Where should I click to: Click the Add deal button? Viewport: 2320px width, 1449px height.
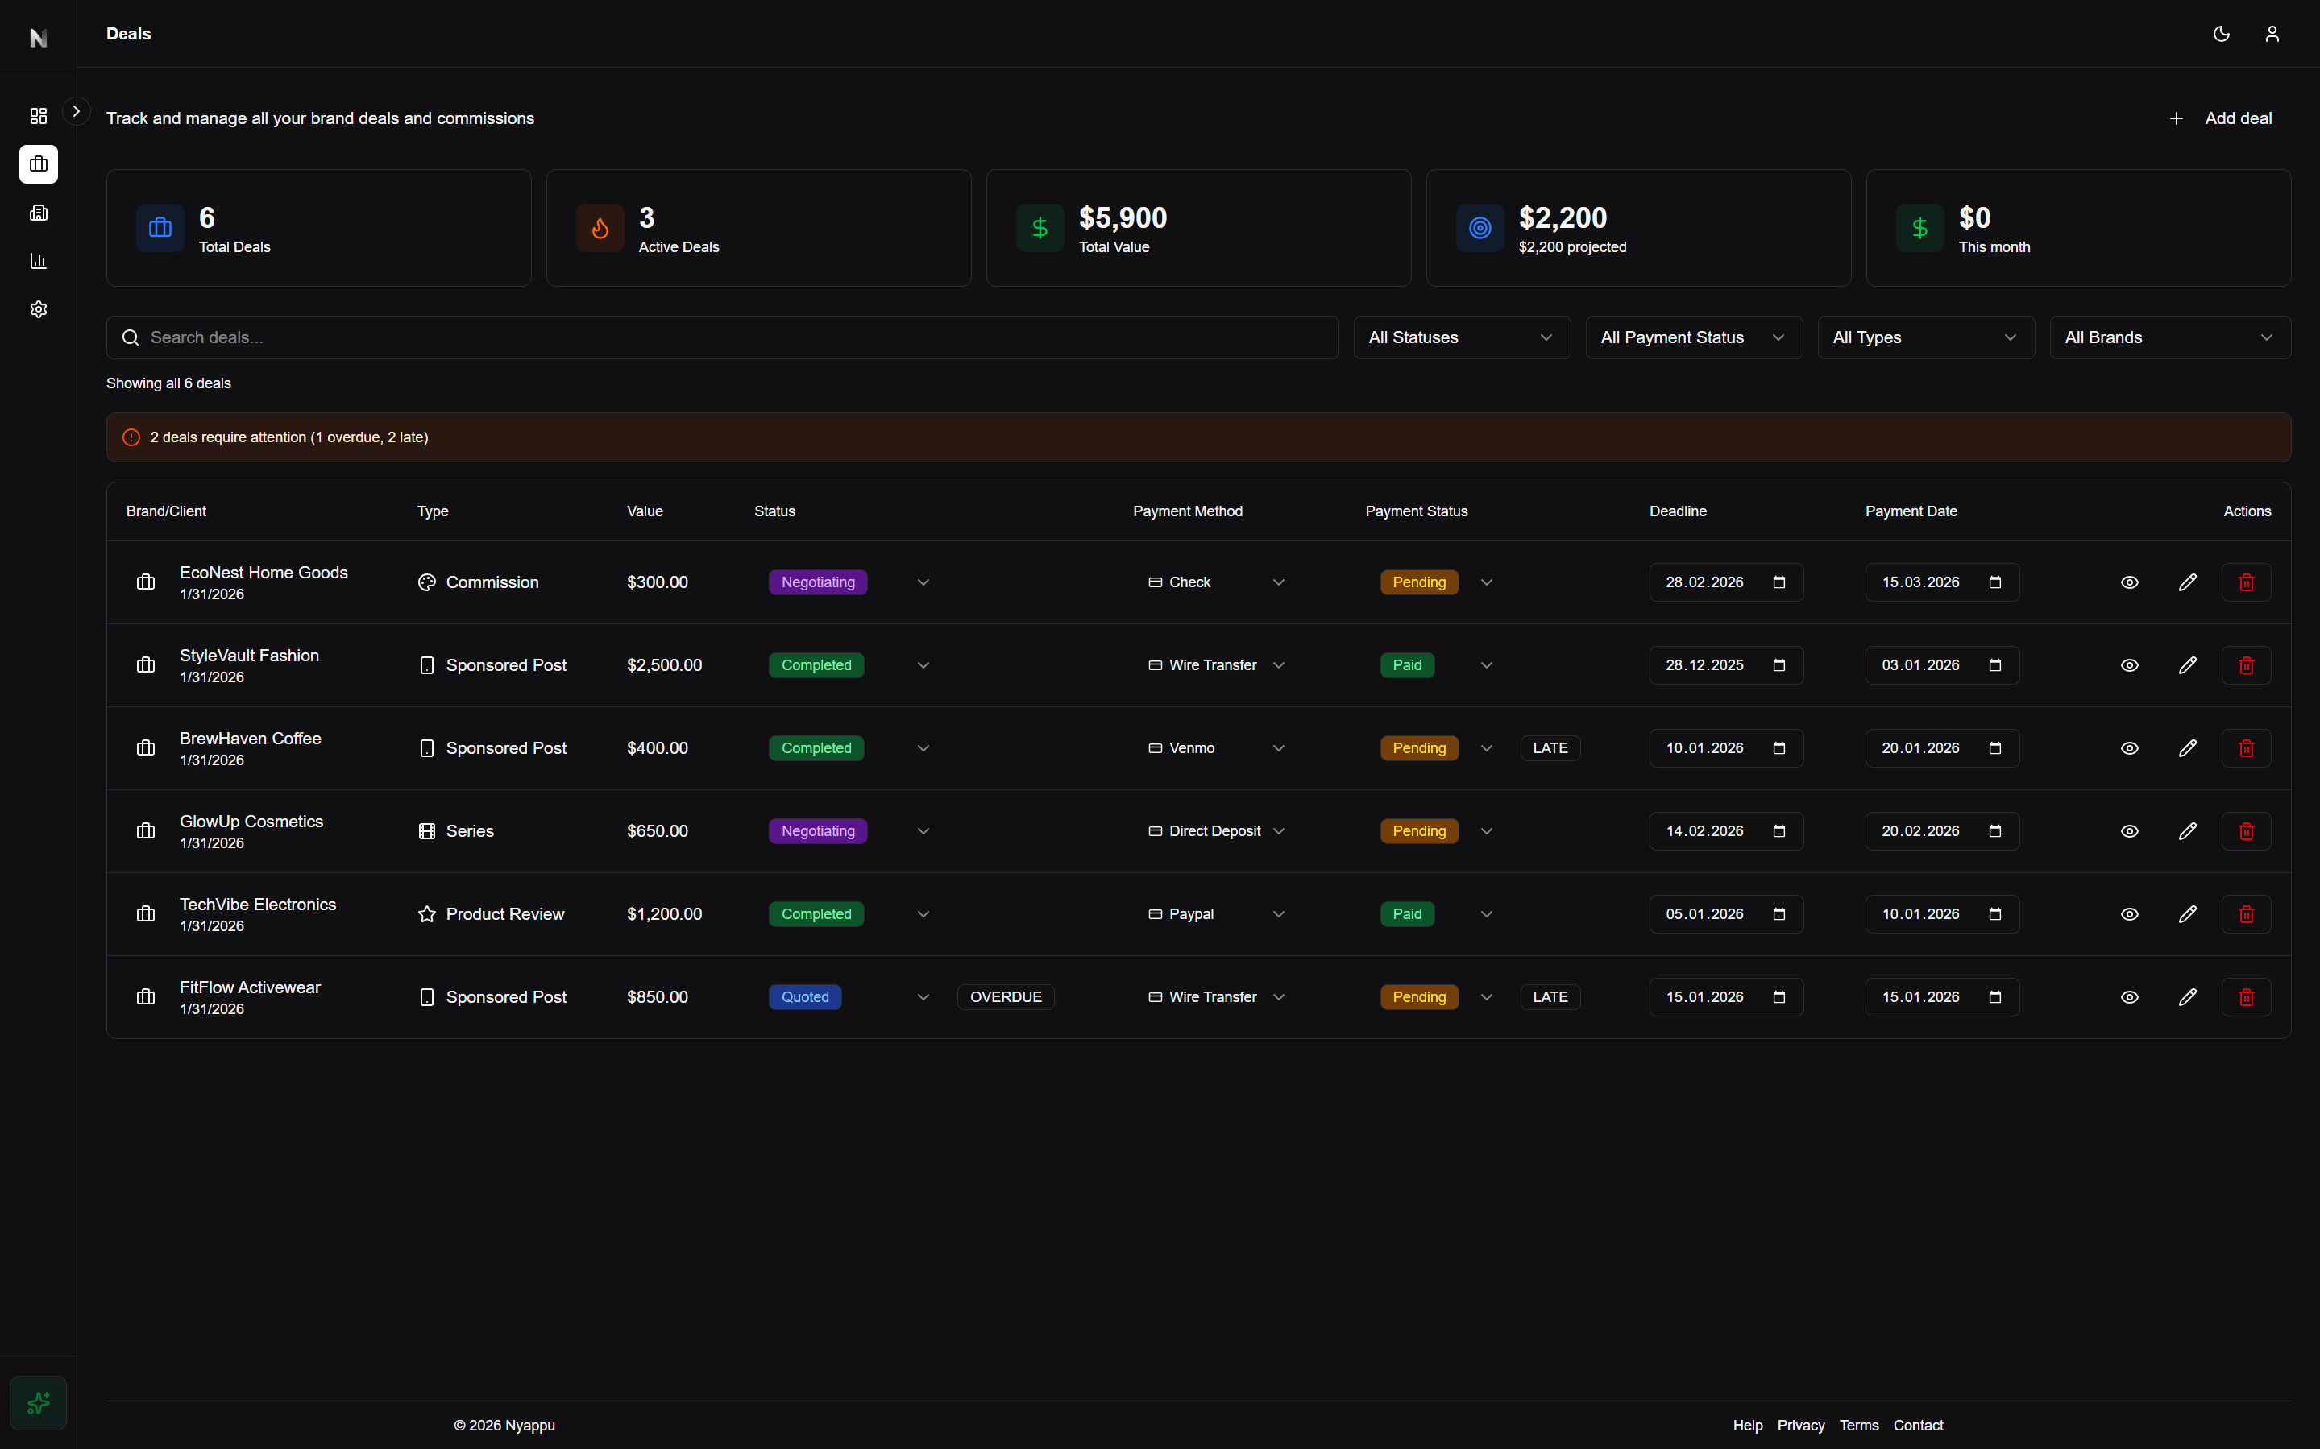[2220, 118]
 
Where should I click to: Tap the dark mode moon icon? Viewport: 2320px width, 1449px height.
[2221, 35]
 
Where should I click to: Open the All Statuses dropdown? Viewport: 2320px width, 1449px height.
[1461, 337]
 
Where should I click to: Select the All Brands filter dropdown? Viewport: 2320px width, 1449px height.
[2169, 337]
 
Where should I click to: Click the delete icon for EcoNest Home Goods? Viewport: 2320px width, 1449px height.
[2245, 582]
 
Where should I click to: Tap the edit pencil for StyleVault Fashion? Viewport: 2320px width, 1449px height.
[2187, 665]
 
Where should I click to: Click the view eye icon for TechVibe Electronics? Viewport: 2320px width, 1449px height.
[2129, 914]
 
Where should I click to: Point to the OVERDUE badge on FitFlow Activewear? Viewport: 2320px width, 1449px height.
[1006, 996]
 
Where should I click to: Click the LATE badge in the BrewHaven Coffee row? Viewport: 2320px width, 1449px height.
[1550, 748]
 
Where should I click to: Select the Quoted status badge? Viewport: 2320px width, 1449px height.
[804, 996]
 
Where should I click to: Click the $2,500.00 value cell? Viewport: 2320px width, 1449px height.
[664, 665]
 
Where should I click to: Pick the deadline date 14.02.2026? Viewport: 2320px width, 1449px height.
[1704, 831]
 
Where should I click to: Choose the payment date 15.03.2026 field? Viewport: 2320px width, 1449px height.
[1920, 582]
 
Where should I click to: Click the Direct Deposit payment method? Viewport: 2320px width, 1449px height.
[1214, 831]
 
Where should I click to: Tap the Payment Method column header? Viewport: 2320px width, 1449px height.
[1187, 511]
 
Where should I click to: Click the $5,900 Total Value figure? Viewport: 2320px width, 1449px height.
[1123, 218]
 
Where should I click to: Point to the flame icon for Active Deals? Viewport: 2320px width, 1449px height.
[600, 228]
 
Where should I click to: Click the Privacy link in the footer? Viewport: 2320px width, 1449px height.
[1800, 1425]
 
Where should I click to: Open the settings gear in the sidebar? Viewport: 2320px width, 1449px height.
[39, 309]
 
